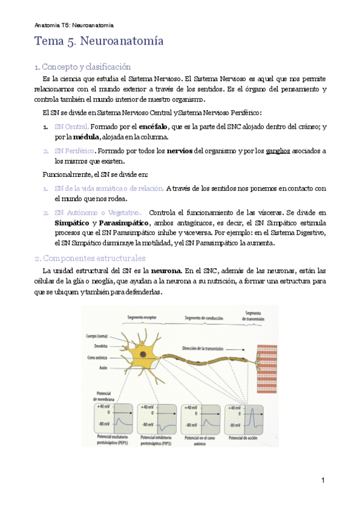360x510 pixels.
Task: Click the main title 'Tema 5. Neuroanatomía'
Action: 99,43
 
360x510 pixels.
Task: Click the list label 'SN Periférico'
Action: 75,150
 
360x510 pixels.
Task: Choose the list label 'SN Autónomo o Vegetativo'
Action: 97,212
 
